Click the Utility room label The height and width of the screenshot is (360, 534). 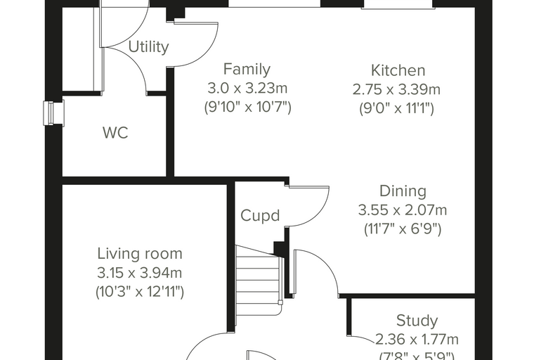[148, 46]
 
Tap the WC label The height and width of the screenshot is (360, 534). [115, 133]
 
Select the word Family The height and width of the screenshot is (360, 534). [247, 69]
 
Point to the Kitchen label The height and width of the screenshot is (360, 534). [398, 70]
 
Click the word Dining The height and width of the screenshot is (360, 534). [403, 191]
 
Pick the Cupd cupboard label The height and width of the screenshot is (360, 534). [260, 215]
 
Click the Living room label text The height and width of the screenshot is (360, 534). [140, 254]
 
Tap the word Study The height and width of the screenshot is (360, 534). [417, 321]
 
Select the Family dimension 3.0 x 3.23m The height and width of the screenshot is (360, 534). [247, 89]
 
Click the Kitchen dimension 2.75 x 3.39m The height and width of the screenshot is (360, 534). [396, 90]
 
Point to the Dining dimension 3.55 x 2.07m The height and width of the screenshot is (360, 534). [403, 210]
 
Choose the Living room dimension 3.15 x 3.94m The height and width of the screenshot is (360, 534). [140, 273]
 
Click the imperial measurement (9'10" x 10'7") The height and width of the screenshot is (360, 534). [247, 108]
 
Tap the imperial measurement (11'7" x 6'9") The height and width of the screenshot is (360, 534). [403, 229]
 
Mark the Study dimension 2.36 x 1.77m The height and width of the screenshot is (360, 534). [417, 340]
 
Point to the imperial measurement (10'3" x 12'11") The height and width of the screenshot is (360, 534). [140, 292]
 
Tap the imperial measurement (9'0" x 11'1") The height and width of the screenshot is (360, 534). [396, 109]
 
